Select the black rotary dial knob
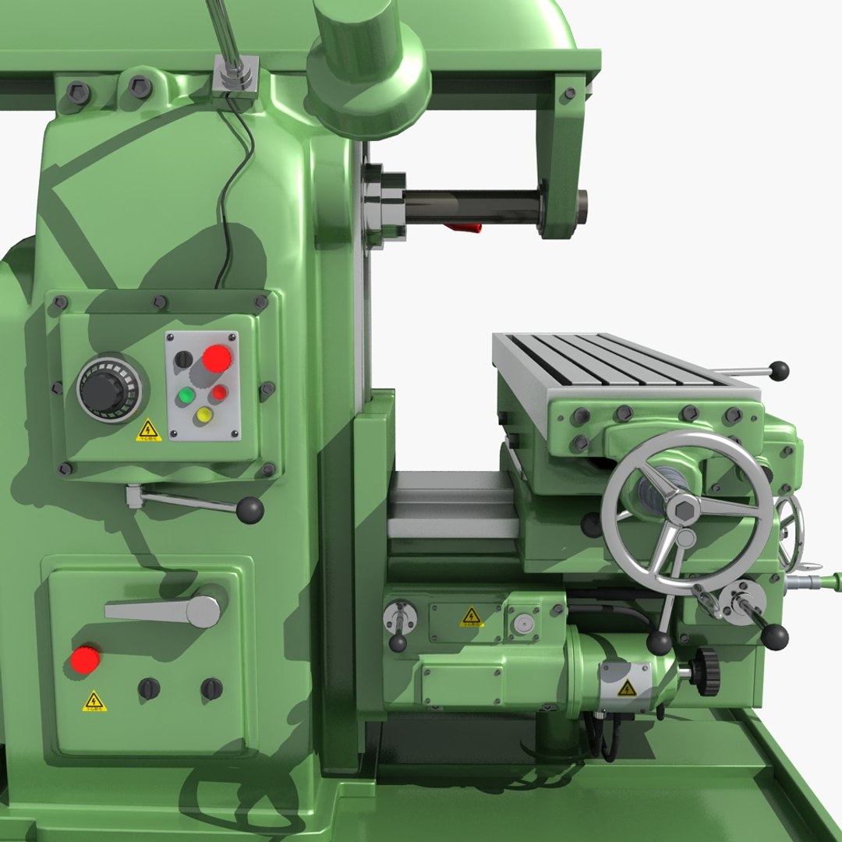pyautogui.click(x=108, y=388)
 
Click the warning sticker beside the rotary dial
pyautogui.click(x=147, y=430)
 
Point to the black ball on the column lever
pyautogui.click(x=250, y=510)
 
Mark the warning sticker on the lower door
pyautogui.click(x=94, y=701)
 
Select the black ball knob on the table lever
pyautogui.click(x=778, y=370)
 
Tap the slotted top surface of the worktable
pyautogui.click(x=616, y=360)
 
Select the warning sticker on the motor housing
pyautogui.click(x=627, y=688)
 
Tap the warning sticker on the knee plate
pyautogui.click(x=471, y=617)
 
